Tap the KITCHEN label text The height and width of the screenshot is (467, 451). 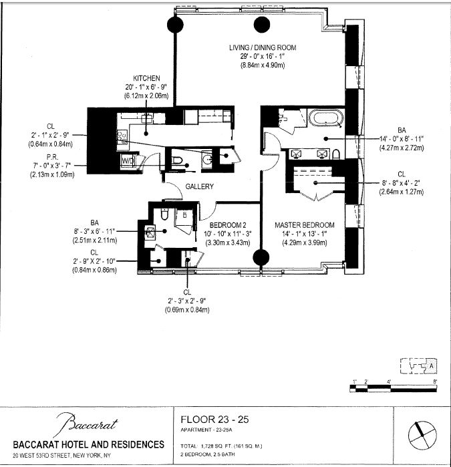coord(146,78)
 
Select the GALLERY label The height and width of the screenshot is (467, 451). coord(199,187)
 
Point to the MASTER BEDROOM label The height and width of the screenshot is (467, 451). coord(305,225)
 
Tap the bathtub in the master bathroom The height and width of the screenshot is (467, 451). coord(325,120)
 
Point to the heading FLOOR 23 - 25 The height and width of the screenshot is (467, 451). coord(215,420)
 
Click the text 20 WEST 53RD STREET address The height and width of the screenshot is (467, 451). coord(88,459)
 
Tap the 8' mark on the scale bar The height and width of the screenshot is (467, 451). coord(434,381)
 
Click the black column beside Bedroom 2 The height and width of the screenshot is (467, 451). coord(260,258)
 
